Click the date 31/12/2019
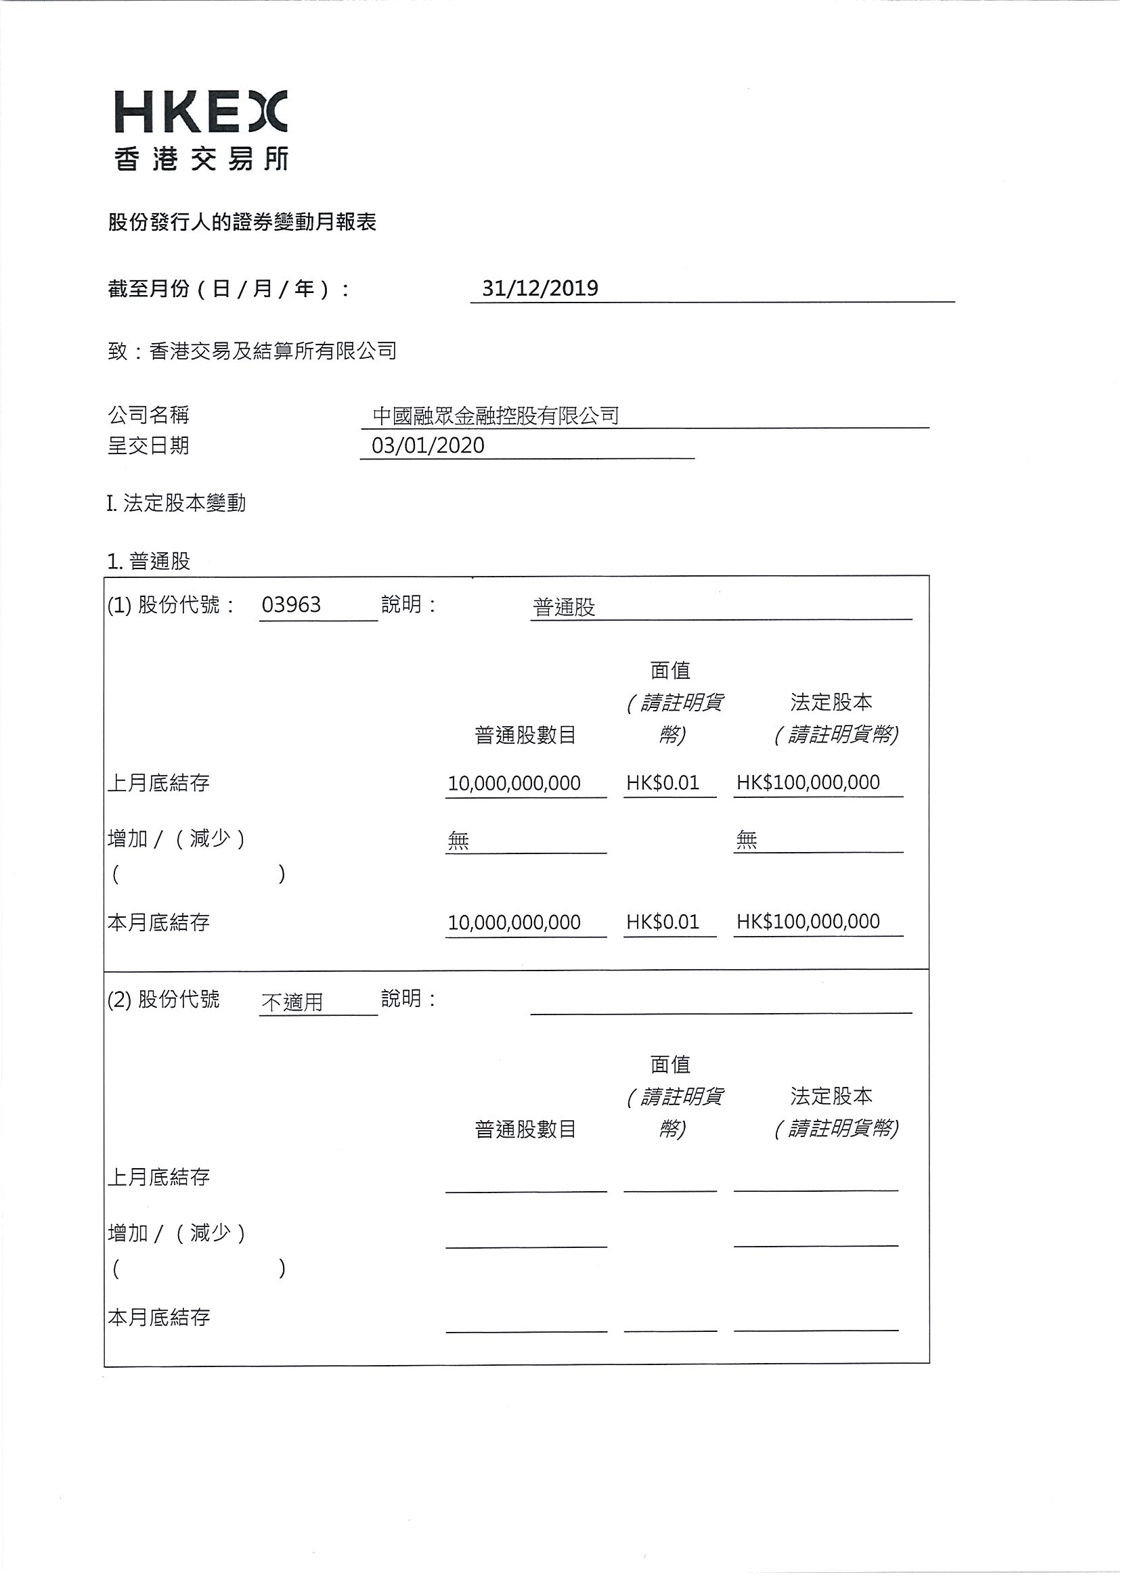(540, 288)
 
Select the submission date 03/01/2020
(428, 445)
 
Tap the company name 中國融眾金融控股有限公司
(496, 416)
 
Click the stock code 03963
(291, 604)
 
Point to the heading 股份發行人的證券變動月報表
(242, 222)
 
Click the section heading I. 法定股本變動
(177, 503)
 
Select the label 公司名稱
(148, 415)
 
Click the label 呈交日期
(148, 446)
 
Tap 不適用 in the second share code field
(292, 1001)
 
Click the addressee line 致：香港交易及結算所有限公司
(252, 351)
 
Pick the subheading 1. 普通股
(148, 561)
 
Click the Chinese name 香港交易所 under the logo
(201, 160)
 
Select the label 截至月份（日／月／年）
(228, 288)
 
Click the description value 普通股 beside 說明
(564, 607)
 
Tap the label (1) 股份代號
(171, 605)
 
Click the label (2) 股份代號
(164, 999)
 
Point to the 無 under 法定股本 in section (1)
(747, 840)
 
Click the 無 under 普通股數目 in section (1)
(458, 841)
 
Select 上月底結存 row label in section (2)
(159, 1177)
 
